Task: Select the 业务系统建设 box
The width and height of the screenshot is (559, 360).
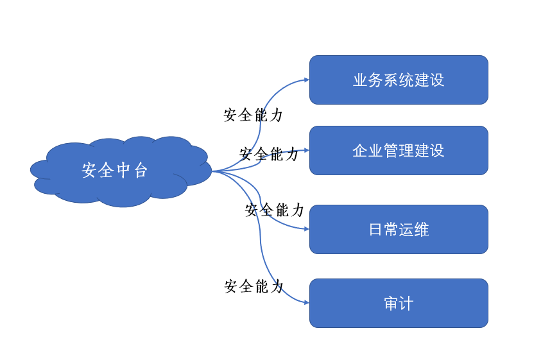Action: point(399,80)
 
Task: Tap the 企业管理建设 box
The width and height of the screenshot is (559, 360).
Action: point(399,150)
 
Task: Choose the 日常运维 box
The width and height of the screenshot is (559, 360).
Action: point(399,229)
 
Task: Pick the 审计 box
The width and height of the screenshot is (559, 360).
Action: point(399,303)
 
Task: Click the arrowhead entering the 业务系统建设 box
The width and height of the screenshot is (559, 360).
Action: point(307,80)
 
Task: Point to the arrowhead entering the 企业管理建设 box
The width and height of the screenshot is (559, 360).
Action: point(307,150)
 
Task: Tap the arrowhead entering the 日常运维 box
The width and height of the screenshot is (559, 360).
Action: point(307,229)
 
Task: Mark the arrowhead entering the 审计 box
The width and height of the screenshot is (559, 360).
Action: point(307,303)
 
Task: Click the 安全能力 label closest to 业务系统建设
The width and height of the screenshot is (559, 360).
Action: point(254,116)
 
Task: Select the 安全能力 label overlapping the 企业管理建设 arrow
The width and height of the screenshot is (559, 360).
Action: point(269,154)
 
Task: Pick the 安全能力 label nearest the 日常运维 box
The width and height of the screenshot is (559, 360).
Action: point(275,210)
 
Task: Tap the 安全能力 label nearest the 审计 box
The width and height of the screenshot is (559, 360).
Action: point(254,286)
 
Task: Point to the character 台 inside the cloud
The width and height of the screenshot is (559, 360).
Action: point(141,170)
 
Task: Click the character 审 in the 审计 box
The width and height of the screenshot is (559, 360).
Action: point(391,304)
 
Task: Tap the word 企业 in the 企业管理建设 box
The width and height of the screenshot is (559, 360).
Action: point(368,151)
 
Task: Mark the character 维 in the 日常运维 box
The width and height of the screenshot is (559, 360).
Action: point(422,230)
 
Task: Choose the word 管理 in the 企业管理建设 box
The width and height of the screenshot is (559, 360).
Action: point(399,151)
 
